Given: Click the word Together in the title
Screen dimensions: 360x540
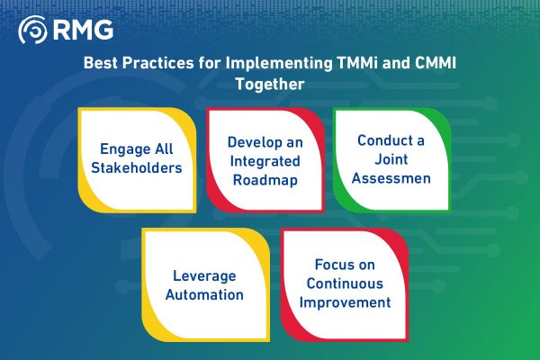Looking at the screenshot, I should pos(269,85).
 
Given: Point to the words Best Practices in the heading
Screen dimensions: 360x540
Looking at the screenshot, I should pos(138,65).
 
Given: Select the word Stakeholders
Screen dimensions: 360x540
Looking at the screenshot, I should pos(137,167).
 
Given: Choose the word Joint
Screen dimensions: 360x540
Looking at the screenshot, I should pos(391,159).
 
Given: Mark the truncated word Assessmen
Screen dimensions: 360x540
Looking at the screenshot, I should pos(392,177).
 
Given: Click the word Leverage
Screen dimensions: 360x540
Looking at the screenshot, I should pos(205,274).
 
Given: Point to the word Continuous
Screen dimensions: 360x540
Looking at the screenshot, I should pos(346,283).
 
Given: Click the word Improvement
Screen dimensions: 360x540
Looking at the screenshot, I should pos(346,301).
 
